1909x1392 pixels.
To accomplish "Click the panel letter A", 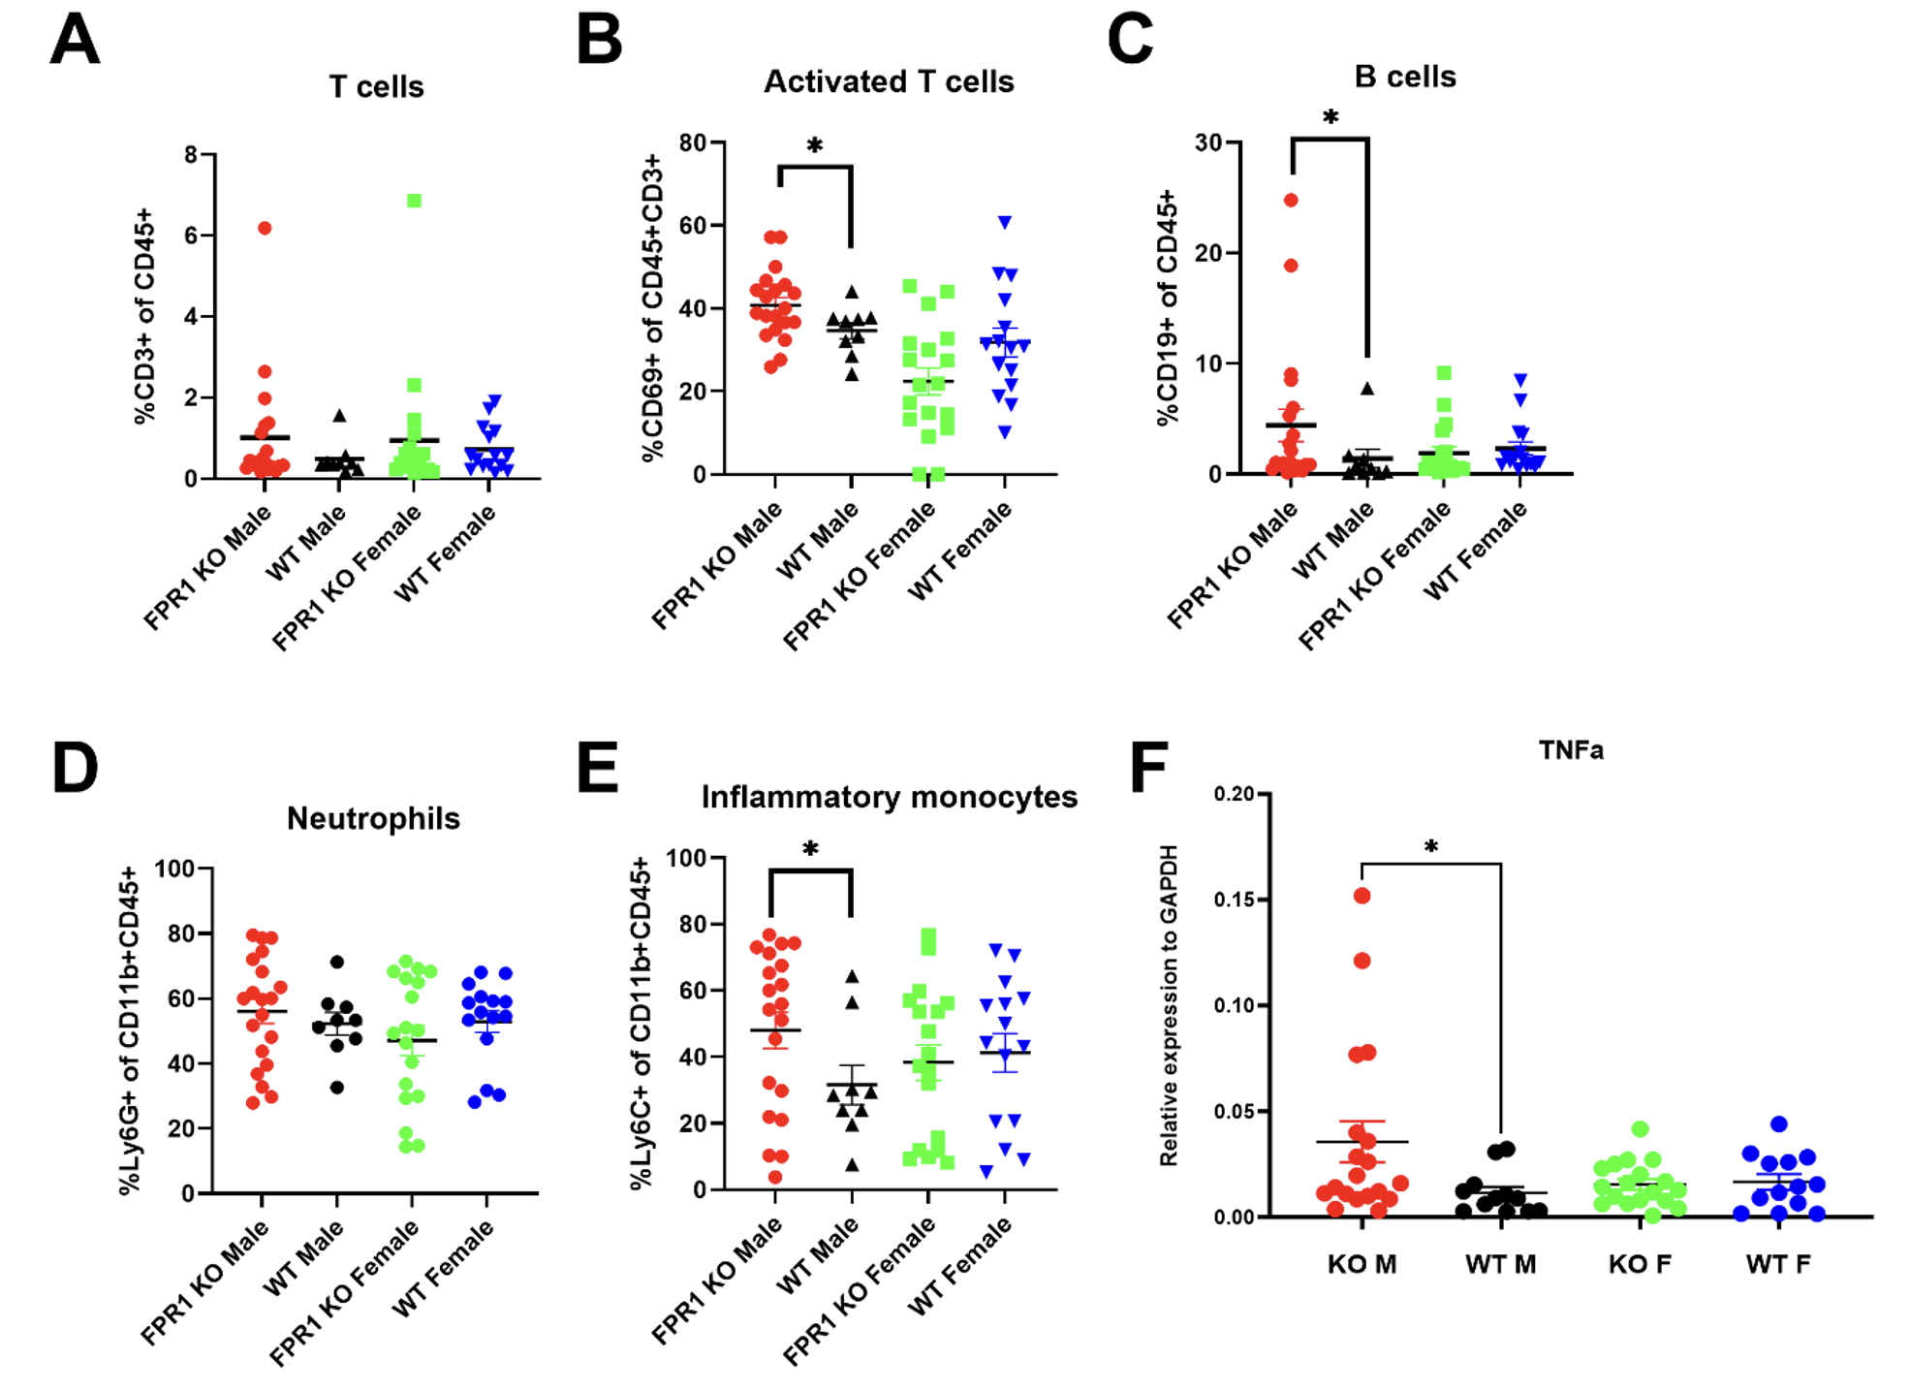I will tap(75, 41).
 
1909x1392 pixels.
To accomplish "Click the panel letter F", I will tap(1149, 768).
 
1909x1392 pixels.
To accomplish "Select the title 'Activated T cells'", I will tap(889, 82).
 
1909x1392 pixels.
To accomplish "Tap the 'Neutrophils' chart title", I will tap(373, 819).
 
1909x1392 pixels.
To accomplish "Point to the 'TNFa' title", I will tap(1571, 750).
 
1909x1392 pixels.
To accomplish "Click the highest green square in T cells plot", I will tap(414, 201).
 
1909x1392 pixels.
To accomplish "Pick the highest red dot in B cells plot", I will tap(1291, 201).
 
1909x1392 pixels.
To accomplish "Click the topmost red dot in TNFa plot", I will tap(1361, 896).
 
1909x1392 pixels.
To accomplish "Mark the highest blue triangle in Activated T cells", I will tap(1005, 223).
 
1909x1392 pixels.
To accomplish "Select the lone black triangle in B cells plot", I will tap(1366, 389).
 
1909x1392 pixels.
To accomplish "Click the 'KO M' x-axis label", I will tap(1361, 1264).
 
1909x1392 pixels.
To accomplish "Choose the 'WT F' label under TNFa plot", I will tap(1778, 1264).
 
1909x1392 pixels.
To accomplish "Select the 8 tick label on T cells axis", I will tap(191, 155).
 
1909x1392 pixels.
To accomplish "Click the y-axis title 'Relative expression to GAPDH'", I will tap(1170, 1005).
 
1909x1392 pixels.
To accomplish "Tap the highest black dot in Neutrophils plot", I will tap(337, 963).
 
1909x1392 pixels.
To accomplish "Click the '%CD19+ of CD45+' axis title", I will tap(1168, 307).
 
